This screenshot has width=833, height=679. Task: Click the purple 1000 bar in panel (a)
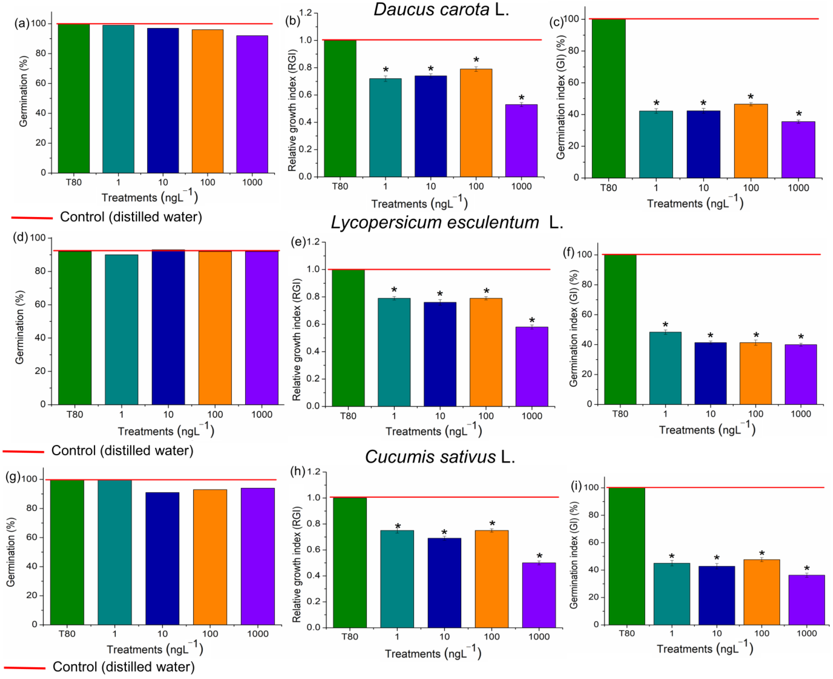point(252,104)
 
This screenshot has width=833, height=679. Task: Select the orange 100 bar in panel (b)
point(476,123)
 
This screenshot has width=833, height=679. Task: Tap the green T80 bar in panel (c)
point(608,98)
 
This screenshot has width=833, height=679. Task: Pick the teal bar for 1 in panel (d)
point(122,329)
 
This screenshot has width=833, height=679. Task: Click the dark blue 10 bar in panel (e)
point(440,354)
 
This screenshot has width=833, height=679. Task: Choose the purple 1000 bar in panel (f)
point(801,374)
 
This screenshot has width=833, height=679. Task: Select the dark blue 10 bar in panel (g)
point(162,558)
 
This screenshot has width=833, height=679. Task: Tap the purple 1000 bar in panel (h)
point(539,595)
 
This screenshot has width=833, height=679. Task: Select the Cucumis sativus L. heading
point(440,456)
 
